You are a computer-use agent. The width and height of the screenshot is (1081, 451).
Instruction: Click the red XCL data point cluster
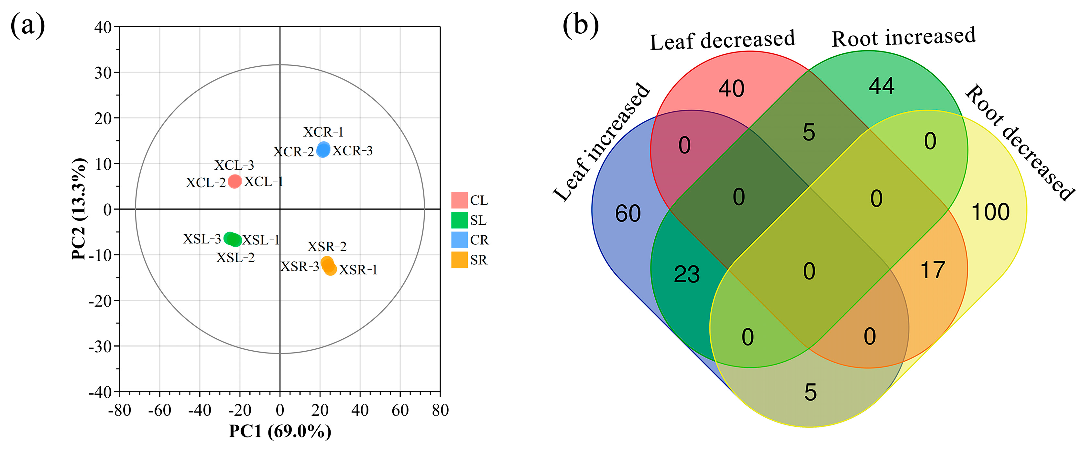coord(235,181)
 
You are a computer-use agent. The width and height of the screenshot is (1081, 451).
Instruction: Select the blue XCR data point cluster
coord(323,150)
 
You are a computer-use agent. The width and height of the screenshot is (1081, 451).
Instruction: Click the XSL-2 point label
coord(235,257)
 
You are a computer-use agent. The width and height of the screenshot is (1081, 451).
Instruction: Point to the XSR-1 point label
coord(358,270)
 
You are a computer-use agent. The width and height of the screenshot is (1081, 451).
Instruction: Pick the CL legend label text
coord(479,200)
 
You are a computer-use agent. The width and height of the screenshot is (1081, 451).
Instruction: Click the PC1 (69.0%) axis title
coord(280,431)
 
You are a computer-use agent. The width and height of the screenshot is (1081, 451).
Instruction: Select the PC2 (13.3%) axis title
coord(79,209)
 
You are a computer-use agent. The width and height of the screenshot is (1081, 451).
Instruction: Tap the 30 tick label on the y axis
coord(103,73)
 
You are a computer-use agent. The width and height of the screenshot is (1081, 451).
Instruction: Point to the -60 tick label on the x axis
coord(159,410)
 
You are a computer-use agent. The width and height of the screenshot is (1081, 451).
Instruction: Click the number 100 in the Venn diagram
coord(990,212)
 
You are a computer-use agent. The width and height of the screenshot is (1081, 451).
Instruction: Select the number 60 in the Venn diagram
coord(628,213)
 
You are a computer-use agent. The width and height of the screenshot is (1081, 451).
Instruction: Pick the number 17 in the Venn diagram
coord(933,270)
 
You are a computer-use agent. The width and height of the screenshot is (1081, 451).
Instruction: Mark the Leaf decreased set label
coord(722,40)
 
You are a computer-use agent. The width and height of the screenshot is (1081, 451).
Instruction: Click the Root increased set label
coord(903,37)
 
